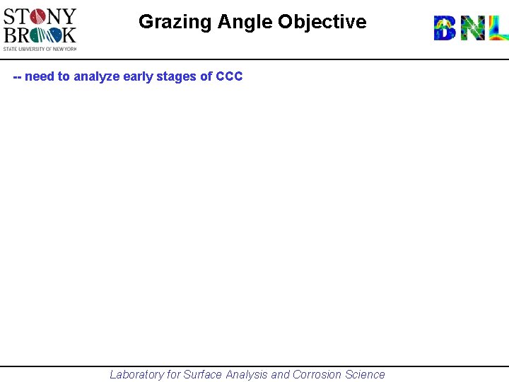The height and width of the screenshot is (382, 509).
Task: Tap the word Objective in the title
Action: click(x=322, y=22)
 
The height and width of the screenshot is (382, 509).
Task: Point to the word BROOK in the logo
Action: click(x=40, y=34)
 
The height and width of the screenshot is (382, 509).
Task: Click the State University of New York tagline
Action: click(x=40, y=48)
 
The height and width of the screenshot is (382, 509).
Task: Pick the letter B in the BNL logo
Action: click(x=445, y=28)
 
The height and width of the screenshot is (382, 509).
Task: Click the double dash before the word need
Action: click(x=18, y=76)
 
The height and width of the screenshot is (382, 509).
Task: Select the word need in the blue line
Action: click(x=40, y=76)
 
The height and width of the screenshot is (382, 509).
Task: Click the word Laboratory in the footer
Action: click(x=136, y=375)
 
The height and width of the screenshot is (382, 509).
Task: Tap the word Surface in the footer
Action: click(x=203, y=375)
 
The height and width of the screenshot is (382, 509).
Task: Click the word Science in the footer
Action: click(x=365, y=375)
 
